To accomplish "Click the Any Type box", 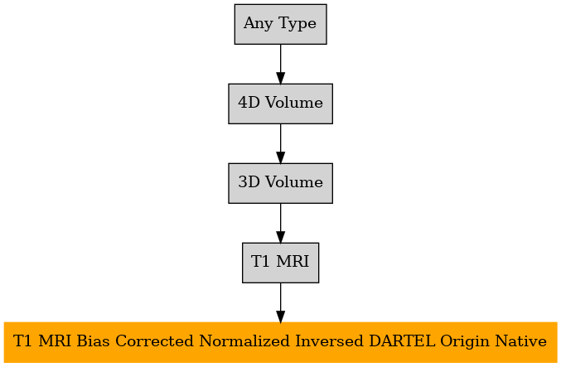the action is click(x=280, y=24).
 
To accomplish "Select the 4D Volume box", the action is click(x=280, y=104).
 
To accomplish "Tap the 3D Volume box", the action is click(x=280, y=183).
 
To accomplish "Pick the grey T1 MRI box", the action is click(x=280, y=263).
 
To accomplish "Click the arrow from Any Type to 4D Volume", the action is click(x=280, y=65).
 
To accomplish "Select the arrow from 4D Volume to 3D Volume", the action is click(x=280, y=144).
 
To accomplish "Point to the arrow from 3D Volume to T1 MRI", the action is click(x=280, y=223).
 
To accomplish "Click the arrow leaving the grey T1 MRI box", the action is click(x=280, y=302).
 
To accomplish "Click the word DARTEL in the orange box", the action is click(x=402, y=340).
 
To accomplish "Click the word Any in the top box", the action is click(x=258, y=24).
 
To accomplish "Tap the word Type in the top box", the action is click(x=297, y=24).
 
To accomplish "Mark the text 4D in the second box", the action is click(x=249, y=103).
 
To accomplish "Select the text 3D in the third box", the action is click(x=249, y=182).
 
